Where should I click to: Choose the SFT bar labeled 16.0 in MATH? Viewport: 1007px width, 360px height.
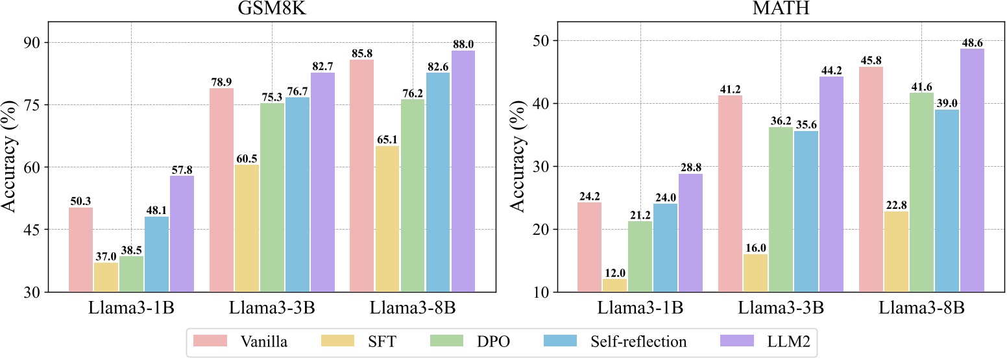[x=756, y=272]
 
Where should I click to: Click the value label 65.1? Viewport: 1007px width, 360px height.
[x=387, y=139]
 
